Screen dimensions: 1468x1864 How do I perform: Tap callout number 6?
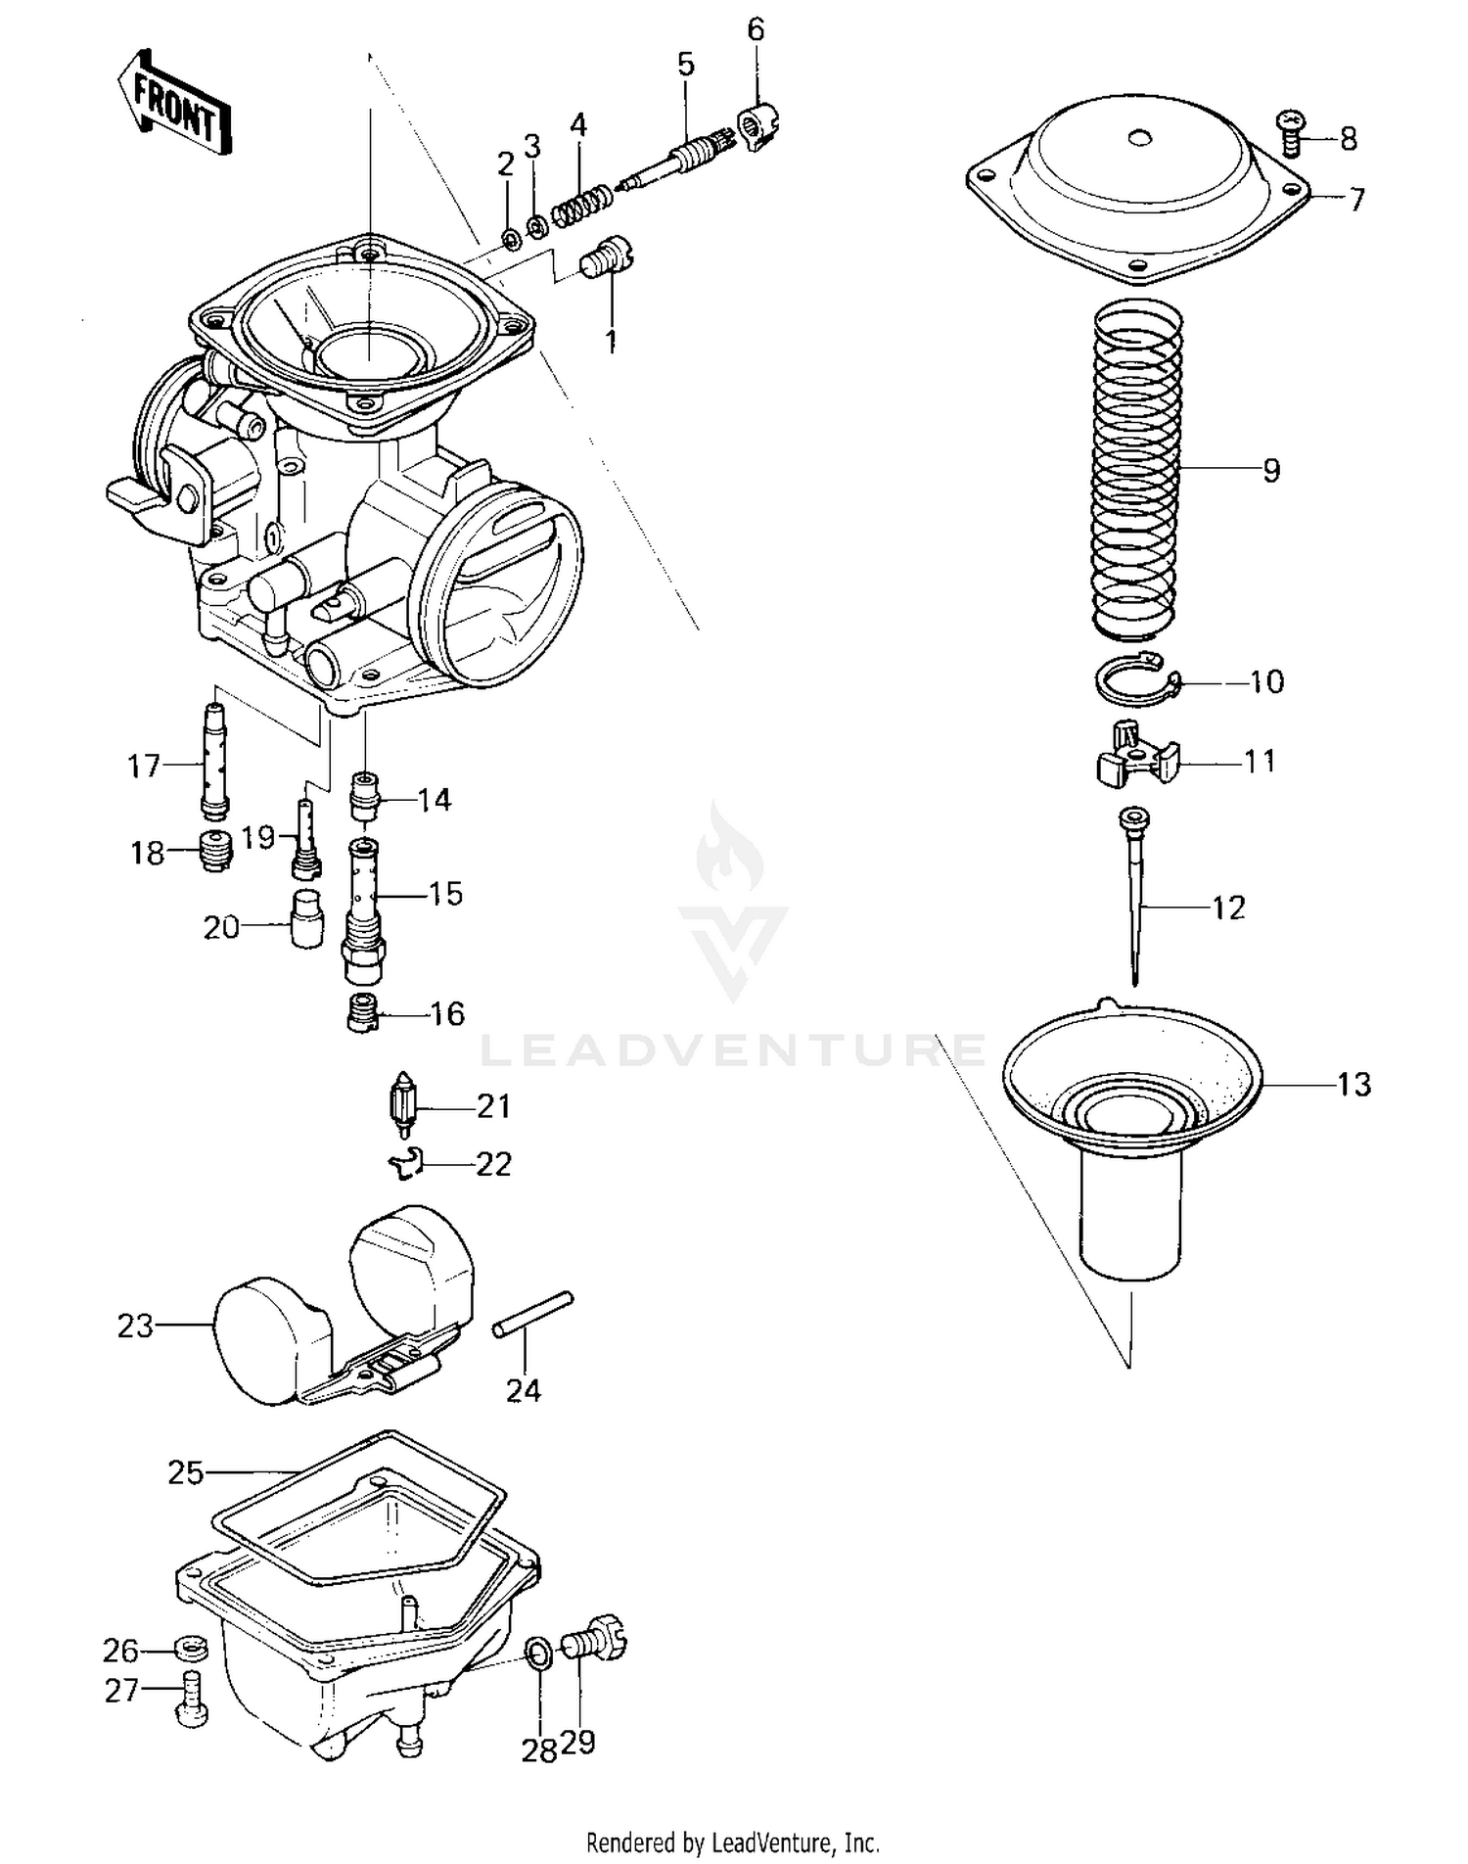point(755,29)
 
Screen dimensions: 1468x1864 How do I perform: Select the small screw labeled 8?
point(1293,135)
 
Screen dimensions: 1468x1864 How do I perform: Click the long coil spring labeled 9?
point(1135,470)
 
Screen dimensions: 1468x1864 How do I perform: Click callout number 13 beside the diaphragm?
point(1354,1085)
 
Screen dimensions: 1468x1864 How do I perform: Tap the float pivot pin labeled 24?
point(532,1314)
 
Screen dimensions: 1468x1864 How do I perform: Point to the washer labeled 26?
point(190,1648)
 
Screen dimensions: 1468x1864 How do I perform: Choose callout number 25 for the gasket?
point(185,1472)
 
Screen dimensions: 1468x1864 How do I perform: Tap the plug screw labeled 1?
point(605,257)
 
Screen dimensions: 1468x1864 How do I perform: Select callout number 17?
point(144,766)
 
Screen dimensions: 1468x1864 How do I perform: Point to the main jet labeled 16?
point(362,1012)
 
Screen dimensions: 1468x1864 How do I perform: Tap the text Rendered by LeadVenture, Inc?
point(732,1843)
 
